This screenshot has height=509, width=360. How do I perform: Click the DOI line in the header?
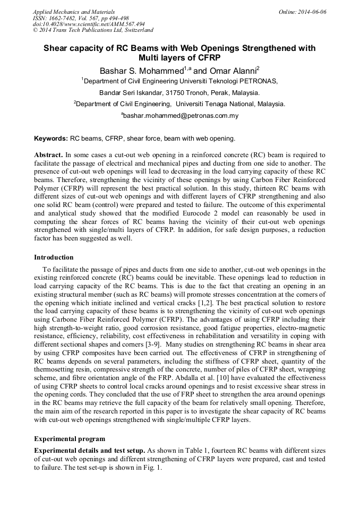tap(89, 24)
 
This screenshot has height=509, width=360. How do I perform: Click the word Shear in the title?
tap(57, 48)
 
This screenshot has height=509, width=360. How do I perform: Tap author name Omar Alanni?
tap(230, 71)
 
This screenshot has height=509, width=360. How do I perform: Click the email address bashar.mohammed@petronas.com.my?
tap(181, 115)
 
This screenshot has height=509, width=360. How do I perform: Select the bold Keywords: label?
tap(51, 139)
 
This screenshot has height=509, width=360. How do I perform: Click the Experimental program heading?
tap(70, 439)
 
